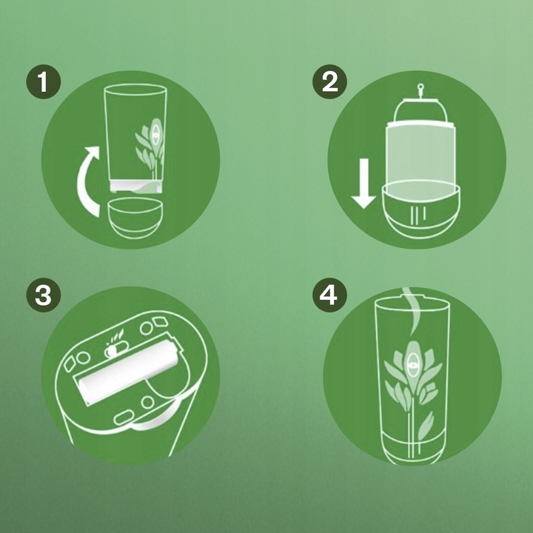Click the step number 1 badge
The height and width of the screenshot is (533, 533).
click(x=44, y=82)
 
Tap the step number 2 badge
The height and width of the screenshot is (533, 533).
click(x=329, y=82)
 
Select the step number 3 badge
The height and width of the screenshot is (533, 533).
click(x=44, y=295)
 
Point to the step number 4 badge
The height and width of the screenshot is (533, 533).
click(x=329, y=295)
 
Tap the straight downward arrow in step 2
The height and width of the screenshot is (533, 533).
click(x=363, y=184)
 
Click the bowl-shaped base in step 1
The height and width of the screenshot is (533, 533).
click(x=135, y=218)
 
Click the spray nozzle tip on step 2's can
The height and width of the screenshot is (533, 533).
click(x=420, y=87)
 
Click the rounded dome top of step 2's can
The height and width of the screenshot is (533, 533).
click(x=420, y=108)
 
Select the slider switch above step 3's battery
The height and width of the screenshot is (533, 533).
click(x=115, y=350)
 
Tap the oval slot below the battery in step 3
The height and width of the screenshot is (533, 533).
click(x=124, y=417)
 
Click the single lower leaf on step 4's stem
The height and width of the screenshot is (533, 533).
click(x=425, y=426)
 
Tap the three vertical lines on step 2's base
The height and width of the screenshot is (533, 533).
click(x=418, y=215)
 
